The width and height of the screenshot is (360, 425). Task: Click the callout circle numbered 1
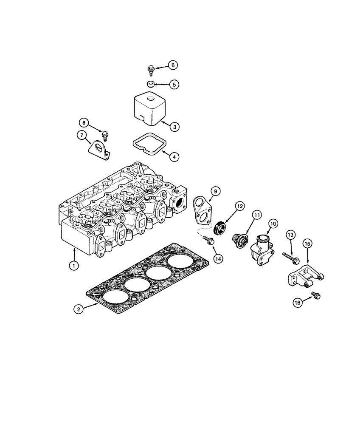pyautogui.click(x=74, y=266)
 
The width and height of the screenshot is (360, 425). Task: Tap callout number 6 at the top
pyautogui.click(x=172, y=65)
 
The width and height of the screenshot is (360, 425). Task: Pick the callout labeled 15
pyautogui.click(x=307, y=244)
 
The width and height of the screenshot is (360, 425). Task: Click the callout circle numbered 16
pyautogui.click(x=297, y=302)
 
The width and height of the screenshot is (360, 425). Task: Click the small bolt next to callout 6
pyautogui.click(x=151, y=69)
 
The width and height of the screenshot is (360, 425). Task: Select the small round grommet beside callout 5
pyautogui.click(x=151, y=84)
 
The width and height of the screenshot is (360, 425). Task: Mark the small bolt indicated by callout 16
pyautogui.click(x=316, y=295)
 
